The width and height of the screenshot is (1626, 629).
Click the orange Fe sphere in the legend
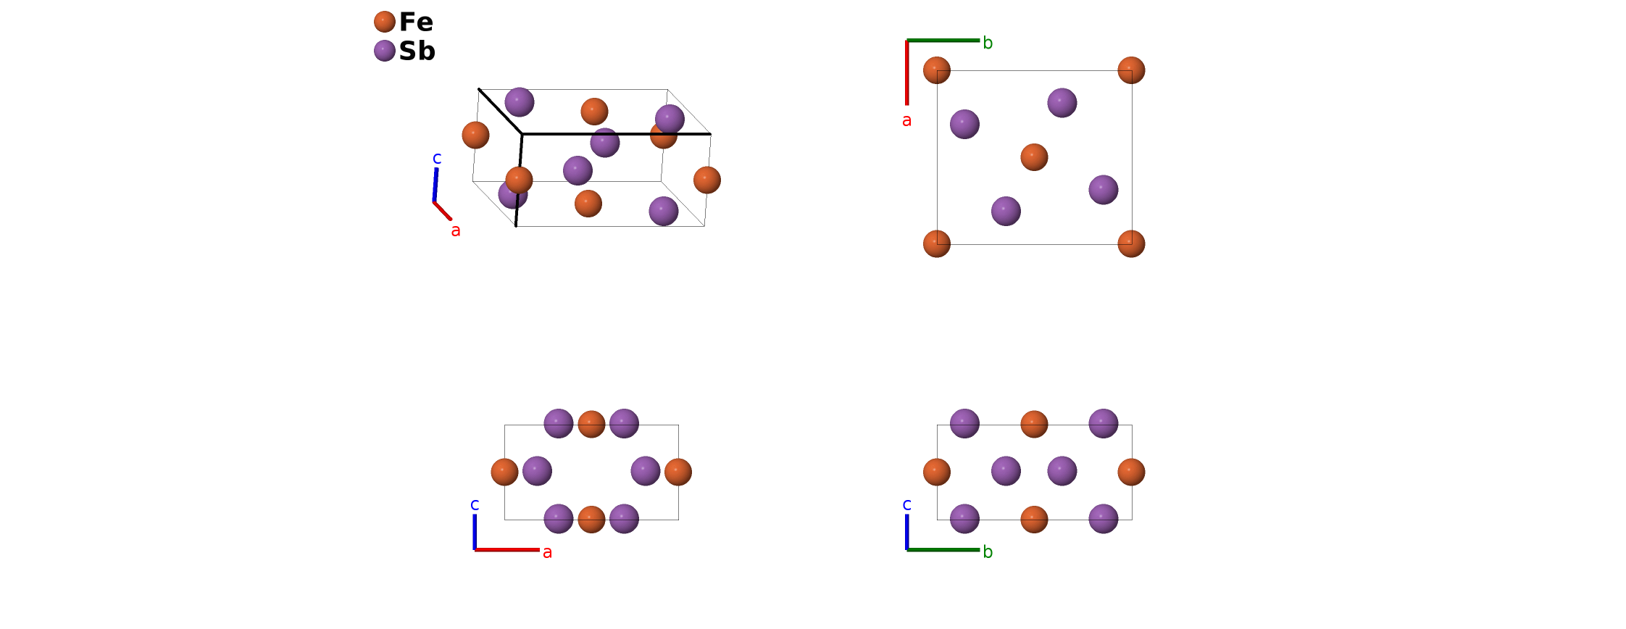(x=385, y=22)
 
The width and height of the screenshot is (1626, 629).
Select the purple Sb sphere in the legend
(x=385, y=51)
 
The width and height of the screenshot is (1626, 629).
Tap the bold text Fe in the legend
(x=416, y=22)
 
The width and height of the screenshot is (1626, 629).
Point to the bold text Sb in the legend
(x=417, y=51)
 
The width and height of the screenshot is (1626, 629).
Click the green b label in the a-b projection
(x=988, y=43)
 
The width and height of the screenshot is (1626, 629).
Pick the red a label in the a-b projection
(x=906, y=121)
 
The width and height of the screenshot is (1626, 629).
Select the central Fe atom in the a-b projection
(x=1034, y=157)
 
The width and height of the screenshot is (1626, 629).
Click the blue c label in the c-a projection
(x=475, y=504)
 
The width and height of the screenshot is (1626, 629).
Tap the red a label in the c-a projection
(x=547, y=552)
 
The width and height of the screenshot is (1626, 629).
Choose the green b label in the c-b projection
(x=988, y=552)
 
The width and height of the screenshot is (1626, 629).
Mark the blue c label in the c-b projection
(x=906, y=504)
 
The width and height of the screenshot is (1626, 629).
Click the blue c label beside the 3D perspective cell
(x=437, y=158)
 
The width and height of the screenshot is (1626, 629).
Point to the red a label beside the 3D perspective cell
(x=456, y=230)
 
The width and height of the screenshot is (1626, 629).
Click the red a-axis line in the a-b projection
(x=906, y=72)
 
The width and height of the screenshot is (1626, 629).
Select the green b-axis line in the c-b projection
(x=943, y=550)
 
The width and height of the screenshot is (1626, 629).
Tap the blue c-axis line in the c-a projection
(x=475, y=532)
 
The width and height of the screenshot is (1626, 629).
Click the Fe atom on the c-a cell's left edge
(x=504, y=472)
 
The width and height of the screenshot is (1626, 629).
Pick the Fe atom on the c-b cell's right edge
(x=1131, y=472)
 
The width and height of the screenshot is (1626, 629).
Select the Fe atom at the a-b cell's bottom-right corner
(x=1131, y=243)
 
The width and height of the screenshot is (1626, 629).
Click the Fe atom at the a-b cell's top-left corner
(x=937, y=70)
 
